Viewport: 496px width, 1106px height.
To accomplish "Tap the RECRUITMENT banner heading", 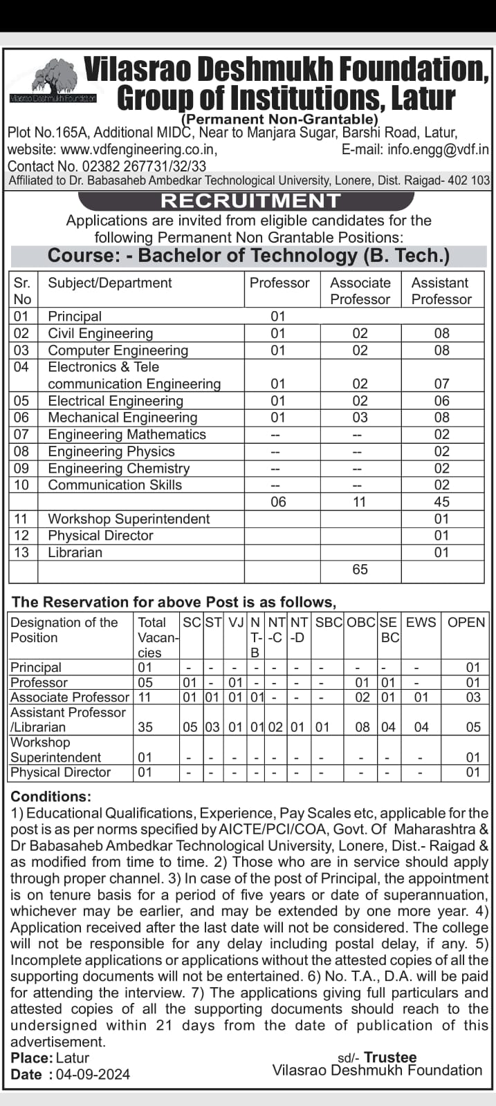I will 250,200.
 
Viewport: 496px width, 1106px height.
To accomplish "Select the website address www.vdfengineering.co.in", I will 139,149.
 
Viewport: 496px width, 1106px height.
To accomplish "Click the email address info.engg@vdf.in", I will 438,149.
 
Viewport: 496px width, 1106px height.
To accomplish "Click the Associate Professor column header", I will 360,291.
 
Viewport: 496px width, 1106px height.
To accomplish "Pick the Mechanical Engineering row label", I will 122,418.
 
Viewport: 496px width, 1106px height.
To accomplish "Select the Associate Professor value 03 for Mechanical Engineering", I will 360,418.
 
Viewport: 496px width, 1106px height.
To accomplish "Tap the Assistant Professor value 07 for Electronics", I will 441,384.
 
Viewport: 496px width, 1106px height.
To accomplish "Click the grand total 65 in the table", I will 360,570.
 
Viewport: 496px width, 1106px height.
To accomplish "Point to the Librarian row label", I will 75,552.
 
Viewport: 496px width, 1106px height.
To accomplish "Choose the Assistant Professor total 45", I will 441,502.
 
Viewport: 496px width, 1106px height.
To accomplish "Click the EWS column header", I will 421,622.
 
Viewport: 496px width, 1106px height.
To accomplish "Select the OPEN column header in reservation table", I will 466,622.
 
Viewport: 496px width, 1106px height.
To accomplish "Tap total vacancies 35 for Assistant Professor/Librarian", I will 145,727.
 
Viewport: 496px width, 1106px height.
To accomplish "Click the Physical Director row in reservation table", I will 61,772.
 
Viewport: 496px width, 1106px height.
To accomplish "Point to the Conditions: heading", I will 50,796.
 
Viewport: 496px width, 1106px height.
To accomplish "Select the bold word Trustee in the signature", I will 390,1058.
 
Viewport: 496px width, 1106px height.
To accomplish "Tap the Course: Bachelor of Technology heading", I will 248,256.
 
